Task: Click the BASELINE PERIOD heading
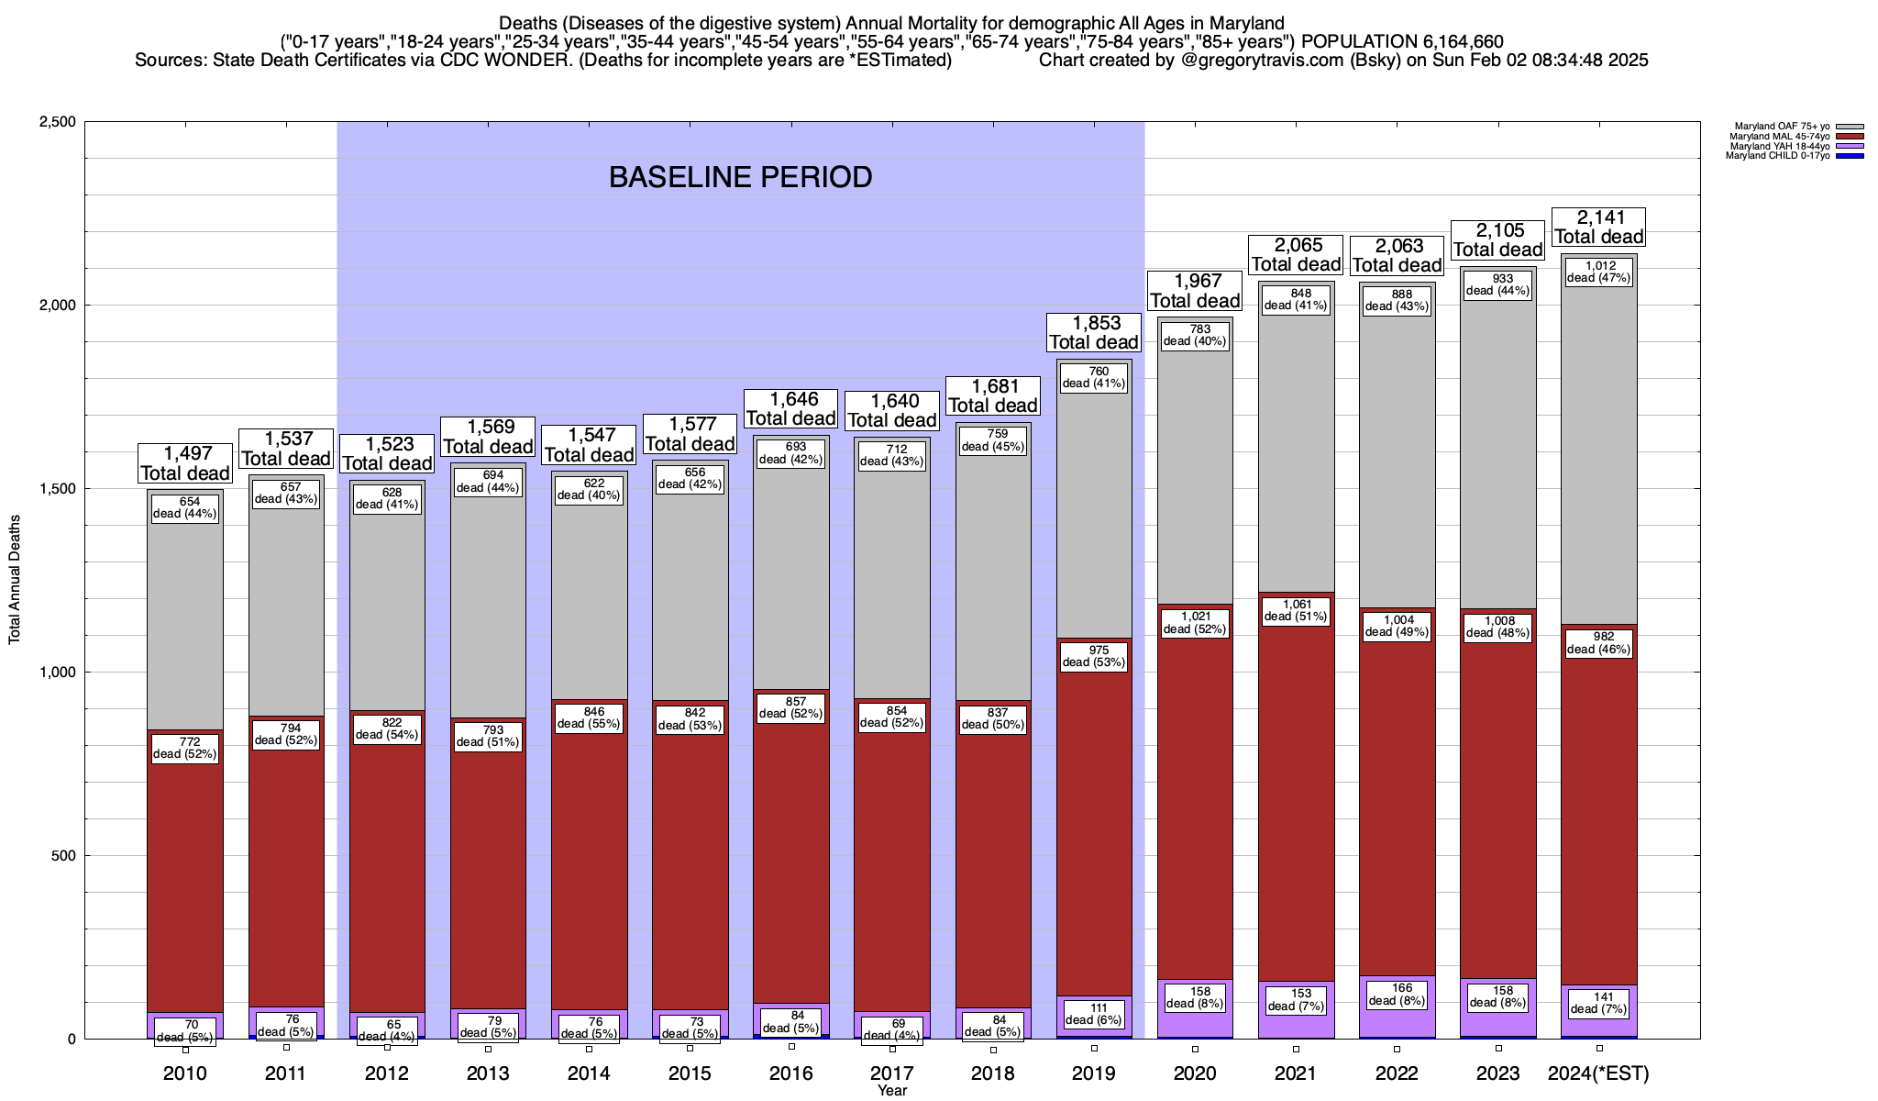(740, 177)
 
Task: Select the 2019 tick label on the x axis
(1094, 1073)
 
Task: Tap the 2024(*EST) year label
(1598, 1073)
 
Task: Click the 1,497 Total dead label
(184, 463)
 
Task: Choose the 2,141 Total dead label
(1599, 228)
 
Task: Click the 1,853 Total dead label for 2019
(1094, 333)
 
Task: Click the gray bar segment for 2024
(1599, 459)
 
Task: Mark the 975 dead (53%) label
(1094, 656)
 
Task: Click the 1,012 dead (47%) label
(1599, 272)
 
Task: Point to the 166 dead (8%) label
(1397, 995)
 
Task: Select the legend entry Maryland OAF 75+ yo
(1779, 127)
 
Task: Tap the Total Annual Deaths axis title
(15, 579)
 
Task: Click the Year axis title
(891, 1090)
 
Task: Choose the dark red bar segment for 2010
(185, 872)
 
